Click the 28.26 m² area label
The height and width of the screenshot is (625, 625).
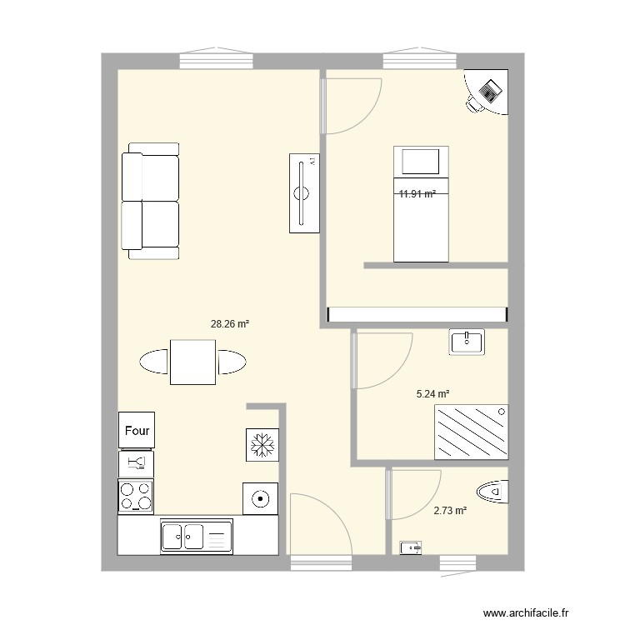(231, 325)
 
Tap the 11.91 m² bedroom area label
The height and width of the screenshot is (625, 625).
(417, 194)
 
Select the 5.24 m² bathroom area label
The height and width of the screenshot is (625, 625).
(432, 394)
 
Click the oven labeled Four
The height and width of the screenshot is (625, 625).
(137, 431)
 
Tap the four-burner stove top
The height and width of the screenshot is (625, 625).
(137, 497)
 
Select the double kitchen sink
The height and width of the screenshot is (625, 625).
(195, 536)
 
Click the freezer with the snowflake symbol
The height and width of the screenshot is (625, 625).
(261, 445)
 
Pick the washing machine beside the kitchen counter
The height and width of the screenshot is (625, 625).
(261, 499)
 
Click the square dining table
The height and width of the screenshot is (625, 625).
(193, 362)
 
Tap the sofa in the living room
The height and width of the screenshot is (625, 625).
(151, 200)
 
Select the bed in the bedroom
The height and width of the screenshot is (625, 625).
(421, 204)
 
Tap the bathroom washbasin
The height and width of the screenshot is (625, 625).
(467, 342)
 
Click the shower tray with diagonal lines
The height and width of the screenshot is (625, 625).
(471, 432)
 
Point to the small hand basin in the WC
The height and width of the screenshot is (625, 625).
(412, 547)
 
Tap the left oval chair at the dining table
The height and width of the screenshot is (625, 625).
(155, 362)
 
